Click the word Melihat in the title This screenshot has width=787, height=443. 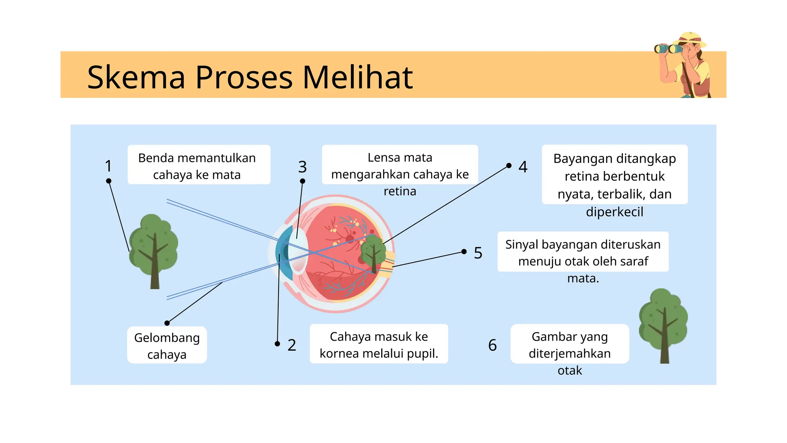click(357, 77)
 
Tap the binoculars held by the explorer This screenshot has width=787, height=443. click(669, 49)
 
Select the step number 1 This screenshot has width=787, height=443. click(108, 166)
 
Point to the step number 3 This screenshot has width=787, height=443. click(302, 167)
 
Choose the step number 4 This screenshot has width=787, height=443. click(523, 167)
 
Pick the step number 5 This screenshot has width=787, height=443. click(478, 253)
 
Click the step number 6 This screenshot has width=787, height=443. click(492, 345)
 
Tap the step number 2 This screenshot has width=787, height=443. click(292, 345)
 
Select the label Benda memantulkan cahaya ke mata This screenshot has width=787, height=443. click(197, 166)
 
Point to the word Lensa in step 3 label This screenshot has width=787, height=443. click(380, 158)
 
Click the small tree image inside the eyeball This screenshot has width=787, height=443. click(372, 252)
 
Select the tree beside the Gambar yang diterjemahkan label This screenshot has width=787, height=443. click(663, 325)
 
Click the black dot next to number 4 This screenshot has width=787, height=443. click(509, 165)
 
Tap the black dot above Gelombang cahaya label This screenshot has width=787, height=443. click(167, 323)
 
